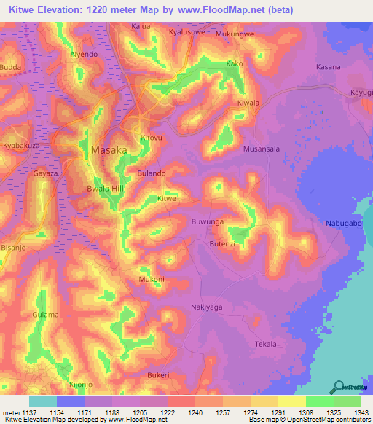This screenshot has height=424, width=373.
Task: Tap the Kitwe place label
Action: [168, 198]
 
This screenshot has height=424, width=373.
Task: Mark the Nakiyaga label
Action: [206, 307]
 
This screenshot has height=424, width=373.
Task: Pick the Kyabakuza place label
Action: [23, 146]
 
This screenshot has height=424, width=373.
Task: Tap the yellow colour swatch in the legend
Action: [291, 401]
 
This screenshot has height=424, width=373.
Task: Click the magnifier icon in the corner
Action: [337, 387]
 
